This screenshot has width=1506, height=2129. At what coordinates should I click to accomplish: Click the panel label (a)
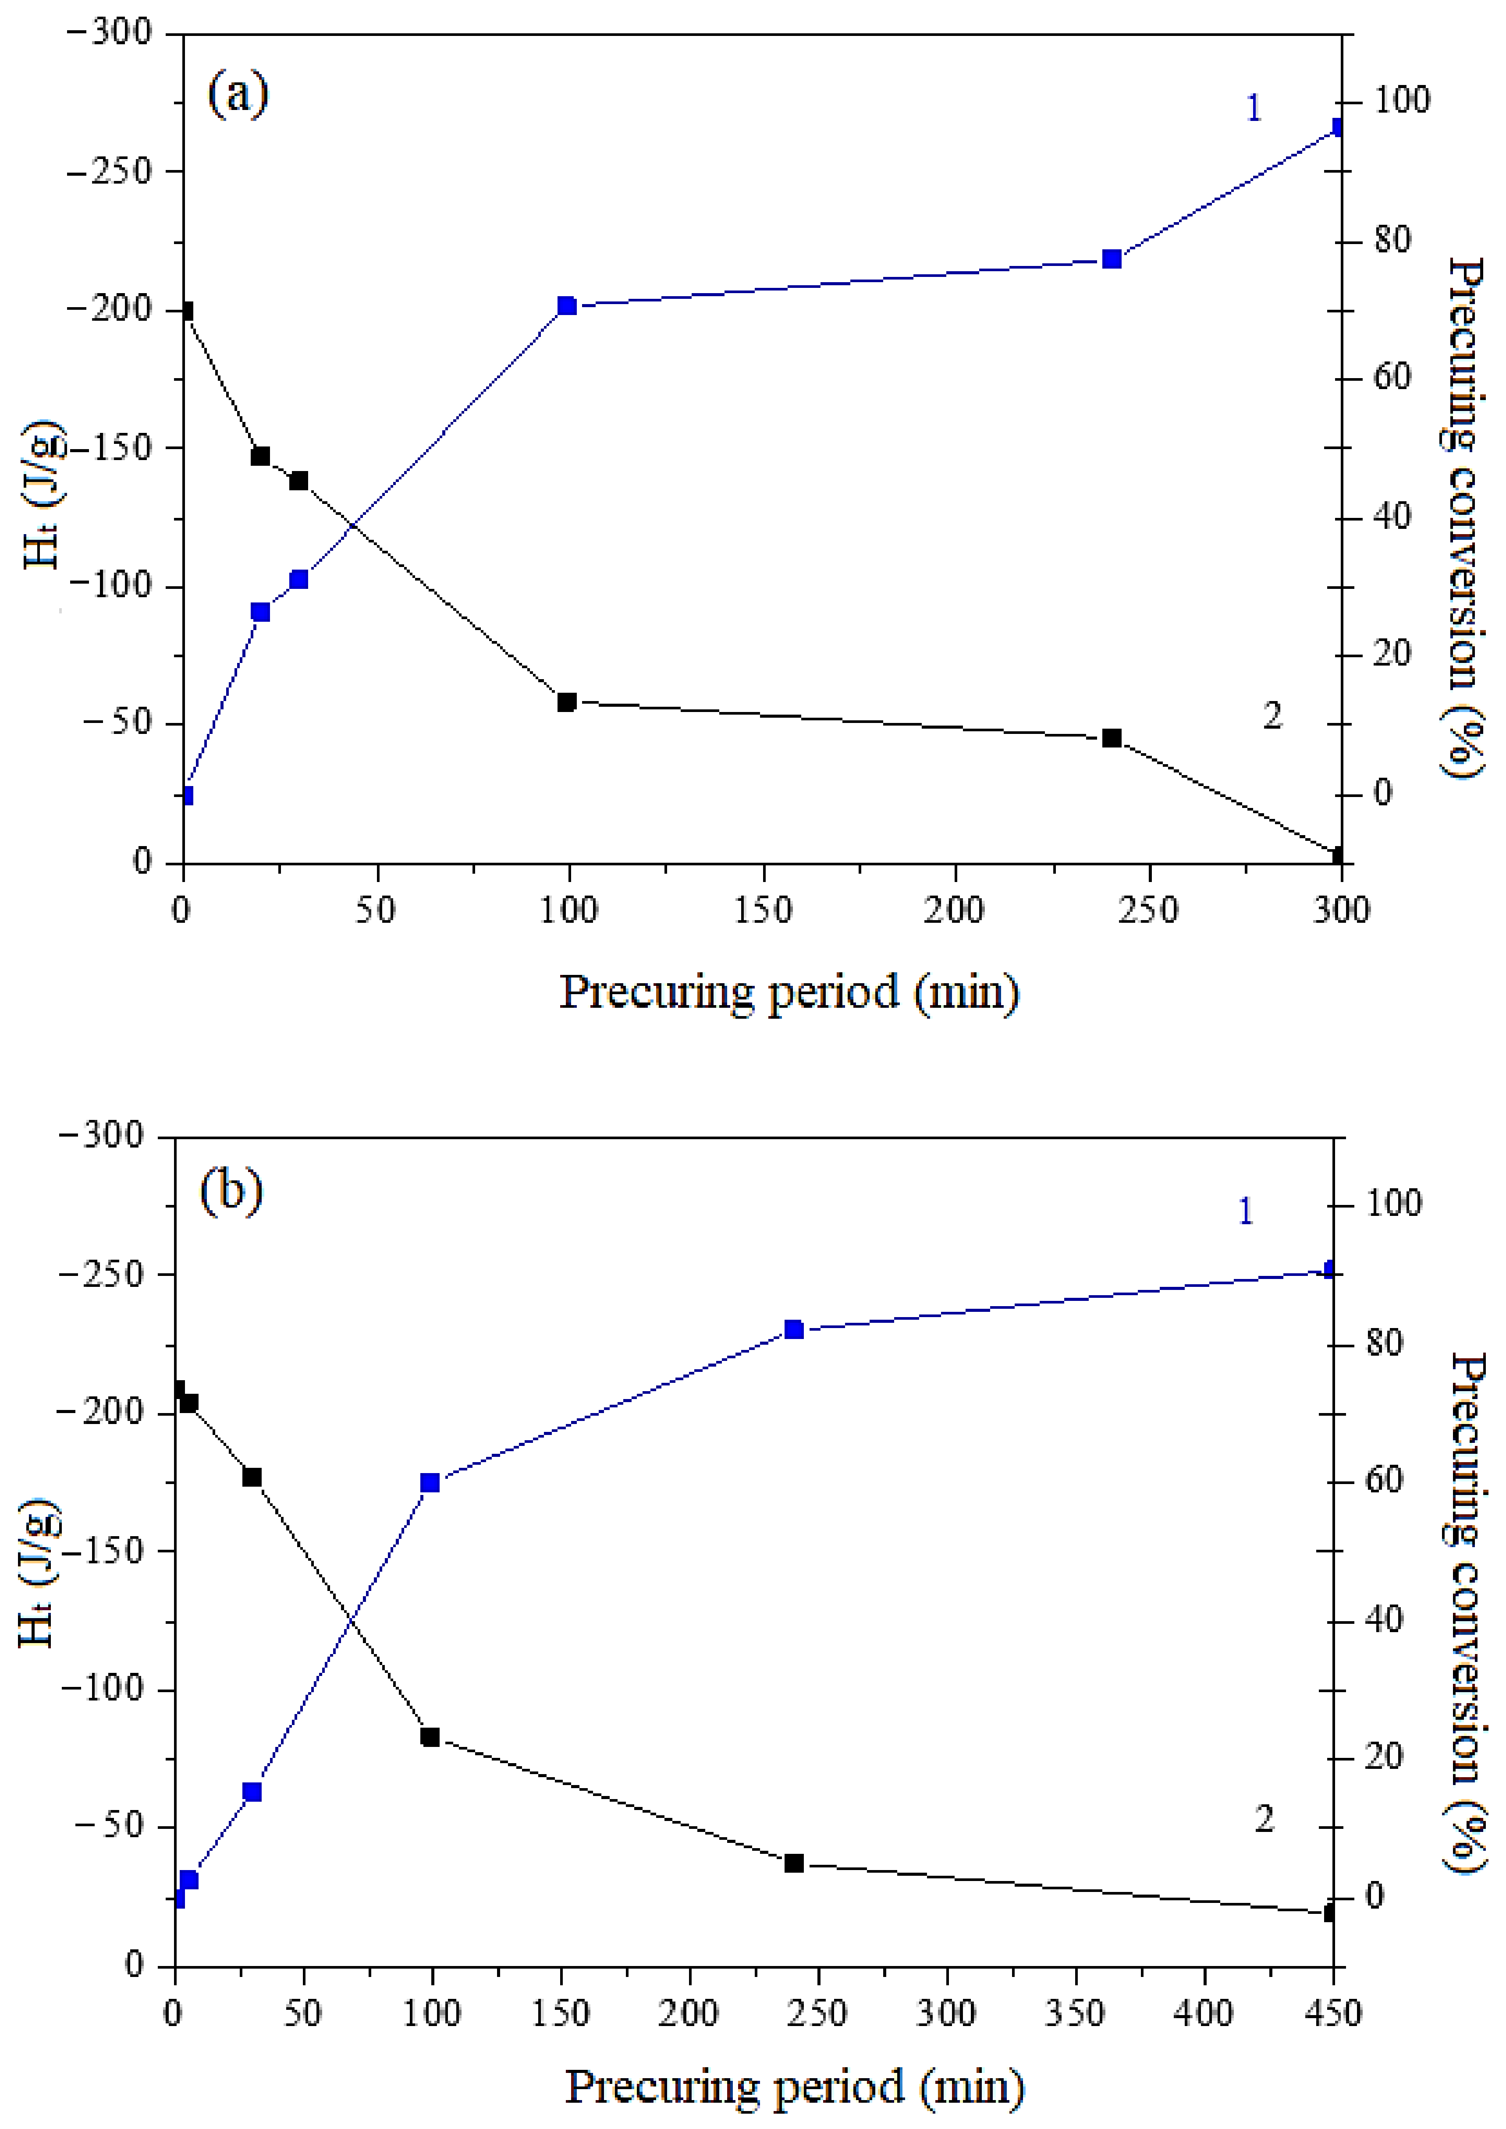[x=238, y=94]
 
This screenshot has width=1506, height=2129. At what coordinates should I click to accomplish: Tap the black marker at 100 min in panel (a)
[x=567, y=702]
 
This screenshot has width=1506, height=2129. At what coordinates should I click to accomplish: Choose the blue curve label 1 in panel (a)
[x=1253, y=109]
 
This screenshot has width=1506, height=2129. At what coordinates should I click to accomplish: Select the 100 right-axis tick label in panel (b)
[x=1393, y=1204]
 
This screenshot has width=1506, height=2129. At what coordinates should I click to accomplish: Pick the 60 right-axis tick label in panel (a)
[x=1391, y=377]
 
